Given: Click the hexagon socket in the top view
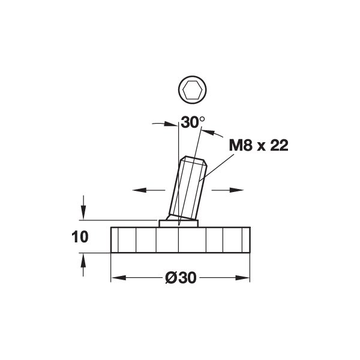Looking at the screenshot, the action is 193,90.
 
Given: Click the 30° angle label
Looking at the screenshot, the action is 193,122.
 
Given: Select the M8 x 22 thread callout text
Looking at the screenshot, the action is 259,145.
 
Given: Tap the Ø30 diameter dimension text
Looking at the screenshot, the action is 181,278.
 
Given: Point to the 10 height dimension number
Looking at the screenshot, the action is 80,237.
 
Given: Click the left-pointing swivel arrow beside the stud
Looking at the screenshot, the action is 149,190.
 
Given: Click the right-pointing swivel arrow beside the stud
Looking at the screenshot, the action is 227,190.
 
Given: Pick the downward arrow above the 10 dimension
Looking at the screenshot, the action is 83,208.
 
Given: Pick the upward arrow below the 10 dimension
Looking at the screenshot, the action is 83,265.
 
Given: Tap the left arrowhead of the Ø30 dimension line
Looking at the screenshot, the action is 119,278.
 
